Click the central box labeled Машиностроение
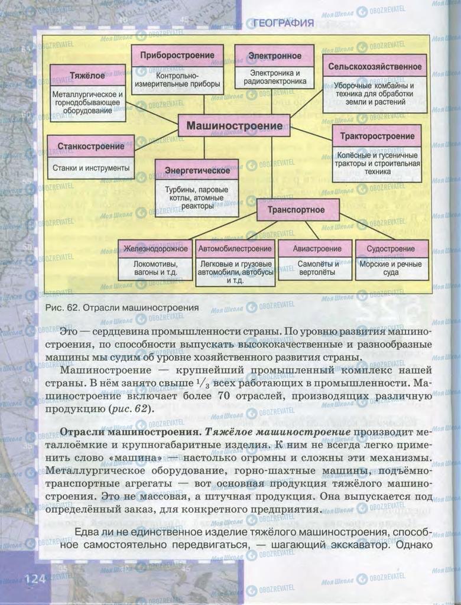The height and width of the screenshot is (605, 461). (234, 126)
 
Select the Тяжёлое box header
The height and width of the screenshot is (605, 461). (87, 76)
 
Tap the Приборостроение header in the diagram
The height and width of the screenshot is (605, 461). (177, 56)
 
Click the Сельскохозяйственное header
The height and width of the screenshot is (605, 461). (374, 67)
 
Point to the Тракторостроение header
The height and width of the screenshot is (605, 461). (377, 136)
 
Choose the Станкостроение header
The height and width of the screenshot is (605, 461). (91, 146)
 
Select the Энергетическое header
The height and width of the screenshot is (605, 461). (197, 170)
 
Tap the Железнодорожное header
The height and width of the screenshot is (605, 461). (155, 249)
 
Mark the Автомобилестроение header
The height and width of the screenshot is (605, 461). (235, 249)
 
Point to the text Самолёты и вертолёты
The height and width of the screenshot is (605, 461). (317, 268)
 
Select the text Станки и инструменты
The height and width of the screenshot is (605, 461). (91, 168)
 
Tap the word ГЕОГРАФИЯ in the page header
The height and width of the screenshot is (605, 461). (283, 24)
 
